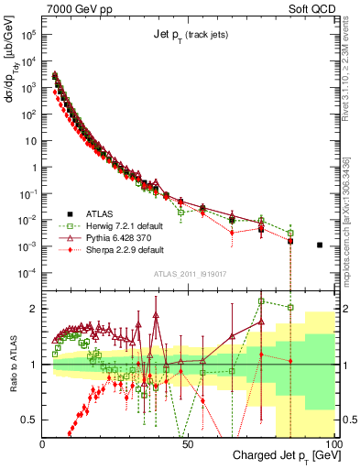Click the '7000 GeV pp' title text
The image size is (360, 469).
(x=77, y=8)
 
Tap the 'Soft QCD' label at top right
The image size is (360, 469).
(x=311, y=8)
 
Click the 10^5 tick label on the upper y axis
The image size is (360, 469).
(x=27, y=35)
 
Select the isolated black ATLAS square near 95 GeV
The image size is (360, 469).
(x=320, y=245)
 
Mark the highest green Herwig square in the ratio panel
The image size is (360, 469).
(x=262, y=300)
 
